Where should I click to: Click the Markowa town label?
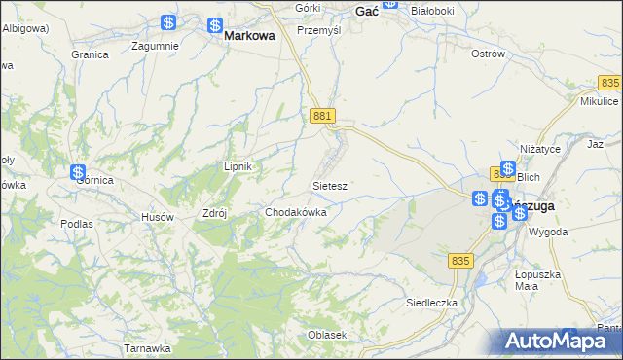coord(249,35)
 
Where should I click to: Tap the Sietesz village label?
coord(330,184)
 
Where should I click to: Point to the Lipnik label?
coord(238,166)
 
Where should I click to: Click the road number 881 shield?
coord(324,117)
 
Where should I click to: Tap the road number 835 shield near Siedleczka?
coord(461,261)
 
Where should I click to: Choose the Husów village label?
coord(158,217)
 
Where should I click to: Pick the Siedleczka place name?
coord(431,303)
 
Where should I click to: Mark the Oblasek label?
coord(327,335)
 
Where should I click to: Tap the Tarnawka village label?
coord(147,347)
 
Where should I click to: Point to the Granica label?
coord(90,54)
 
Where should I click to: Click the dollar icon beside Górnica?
coord(79,173)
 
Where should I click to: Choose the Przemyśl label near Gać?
coord(318,30)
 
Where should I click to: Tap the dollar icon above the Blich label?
coord(507,167)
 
